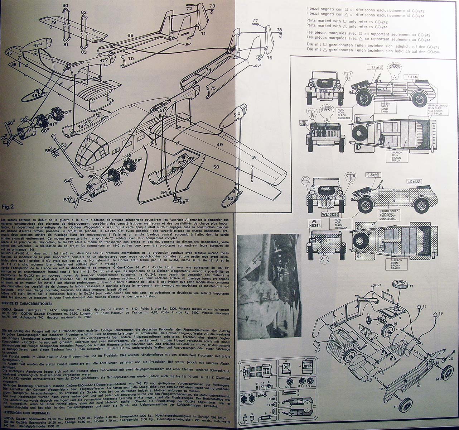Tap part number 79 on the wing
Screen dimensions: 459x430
(x=53, y=23)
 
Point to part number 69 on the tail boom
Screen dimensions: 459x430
(x=130, y=35)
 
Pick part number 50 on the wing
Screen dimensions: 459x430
(x=216, y=167)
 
